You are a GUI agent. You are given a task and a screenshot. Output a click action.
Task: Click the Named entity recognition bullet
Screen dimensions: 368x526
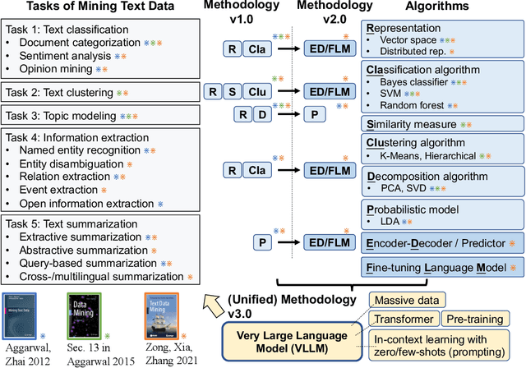(x=83, y=152)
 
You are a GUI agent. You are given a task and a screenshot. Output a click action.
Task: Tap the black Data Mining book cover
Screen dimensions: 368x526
(x=86, y=313)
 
